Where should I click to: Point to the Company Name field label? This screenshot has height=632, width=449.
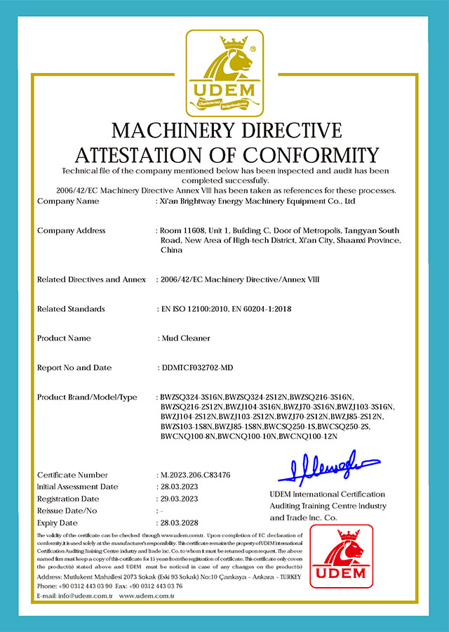(x=68, y=202)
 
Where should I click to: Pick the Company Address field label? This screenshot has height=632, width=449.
(x=72, y=230)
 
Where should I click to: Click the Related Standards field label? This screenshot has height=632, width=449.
(x=71, y=309)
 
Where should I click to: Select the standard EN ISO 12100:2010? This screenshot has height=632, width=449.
(x=195, y=309)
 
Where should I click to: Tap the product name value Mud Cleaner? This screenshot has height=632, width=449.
(x=186, y=338)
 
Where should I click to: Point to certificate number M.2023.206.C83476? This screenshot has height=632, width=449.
(x=195, y=475)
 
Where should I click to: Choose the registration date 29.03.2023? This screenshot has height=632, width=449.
(x=178, y=499)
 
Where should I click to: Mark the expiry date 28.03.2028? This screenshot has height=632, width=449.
(x=178, y=523)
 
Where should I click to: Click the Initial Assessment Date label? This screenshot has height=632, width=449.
(x=77, y=487)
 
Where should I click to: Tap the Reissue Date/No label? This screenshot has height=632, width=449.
(x=67, y=511)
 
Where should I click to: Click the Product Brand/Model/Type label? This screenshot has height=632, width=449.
(x=86, y=398)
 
